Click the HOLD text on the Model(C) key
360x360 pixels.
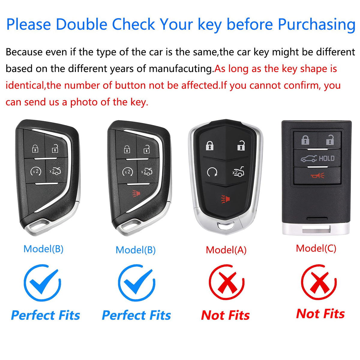tap(327, 158)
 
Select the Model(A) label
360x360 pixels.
tap(226, 250)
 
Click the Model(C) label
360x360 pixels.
tap(316, 248)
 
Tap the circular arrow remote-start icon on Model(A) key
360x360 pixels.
tap(212, 172)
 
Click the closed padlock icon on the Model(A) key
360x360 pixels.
tap(210, 145)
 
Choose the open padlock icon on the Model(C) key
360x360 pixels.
tap(330, 139)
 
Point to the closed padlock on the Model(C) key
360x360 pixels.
tap(305, 140)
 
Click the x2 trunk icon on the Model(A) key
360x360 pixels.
tap(238, 172)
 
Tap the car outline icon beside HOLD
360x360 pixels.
tap(309, 159)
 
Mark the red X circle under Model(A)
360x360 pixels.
tap(226, 283)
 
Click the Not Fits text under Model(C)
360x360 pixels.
tap(320, 314)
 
